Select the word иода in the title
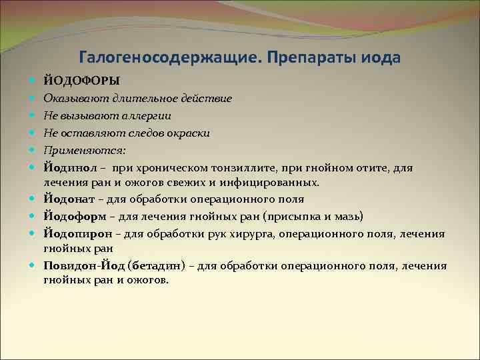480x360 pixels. click(381, 57)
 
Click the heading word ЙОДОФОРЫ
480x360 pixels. click(81, 81)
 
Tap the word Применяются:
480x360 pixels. click(75, 150)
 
